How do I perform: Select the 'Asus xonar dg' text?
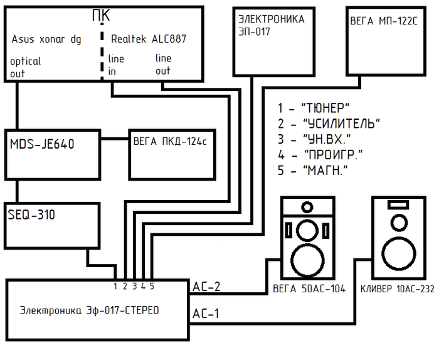click(46, 39)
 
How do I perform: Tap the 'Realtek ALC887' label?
click(149, 39)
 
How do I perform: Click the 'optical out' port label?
click(26, 67)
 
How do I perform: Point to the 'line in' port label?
click(115, 65)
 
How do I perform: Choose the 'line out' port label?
click(163, 65)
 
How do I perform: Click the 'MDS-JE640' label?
click(42, 144)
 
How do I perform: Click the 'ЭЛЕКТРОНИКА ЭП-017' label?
click(271, 25)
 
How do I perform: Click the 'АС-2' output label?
click(206, 287)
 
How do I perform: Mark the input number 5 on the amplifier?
click(152, 287)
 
